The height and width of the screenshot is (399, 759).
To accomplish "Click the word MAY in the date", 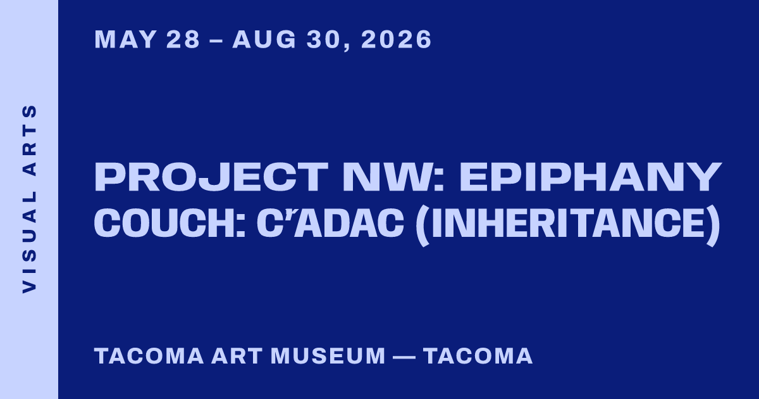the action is pos(125,39).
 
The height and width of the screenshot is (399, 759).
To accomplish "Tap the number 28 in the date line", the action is pos(183,39).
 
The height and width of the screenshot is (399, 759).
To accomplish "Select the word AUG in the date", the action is pos(264,39).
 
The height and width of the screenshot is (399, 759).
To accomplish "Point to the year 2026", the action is pos(397,39).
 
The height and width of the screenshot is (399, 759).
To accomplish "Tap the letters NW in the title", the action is pos(391,177).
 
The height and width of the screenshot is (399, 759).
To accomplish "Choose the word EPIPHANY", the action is pos(590,177).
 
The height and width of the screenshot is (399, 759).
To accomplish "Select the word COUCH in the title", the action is pos(165,223).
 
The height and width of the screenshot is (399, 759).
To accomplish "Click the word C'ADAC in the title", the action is pos(330,223).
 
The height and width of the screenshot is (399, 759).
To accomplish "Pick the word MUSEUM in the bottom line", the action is pos(328,356).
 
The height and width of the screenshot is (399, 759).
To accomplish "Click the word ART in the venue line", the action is pos(237,356).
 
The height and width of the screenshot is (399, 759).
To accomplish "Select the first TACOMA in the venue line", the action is pos(149,356).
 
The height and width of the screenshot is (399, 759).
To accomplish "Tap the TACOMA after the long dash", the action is pos(478,356).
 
